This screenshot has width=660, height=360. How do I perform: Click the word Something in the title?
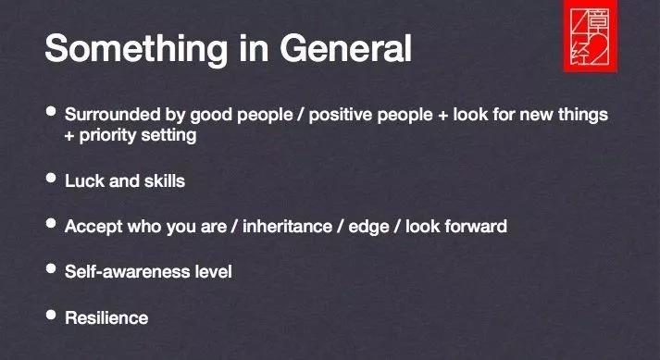tap(136, 49)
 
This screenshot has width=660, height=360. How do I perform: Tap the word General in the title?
tap(345, 48)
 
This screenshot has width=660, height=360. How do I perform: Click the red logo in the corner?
tap(591, 36)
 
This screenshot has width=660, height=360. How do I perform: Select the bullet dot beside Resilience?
tap(51, 315)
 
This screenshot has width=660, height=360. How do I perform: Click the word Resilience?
tap(106, 318)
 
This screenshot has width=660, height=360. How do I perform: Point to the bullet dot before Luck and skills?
tap(51, 178)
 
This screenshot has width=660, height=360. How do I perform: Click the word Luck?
tap(84, 181)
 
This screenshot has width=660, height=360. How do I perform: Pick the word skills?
tap(165, 181)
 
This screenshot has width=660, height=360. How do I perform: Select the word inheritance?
tap(288, 227)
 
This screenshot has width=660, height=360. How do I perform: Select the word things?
tap(583, 115)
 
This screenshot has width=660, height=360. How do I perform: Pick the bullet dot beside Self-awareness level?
tap(51, 268)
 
